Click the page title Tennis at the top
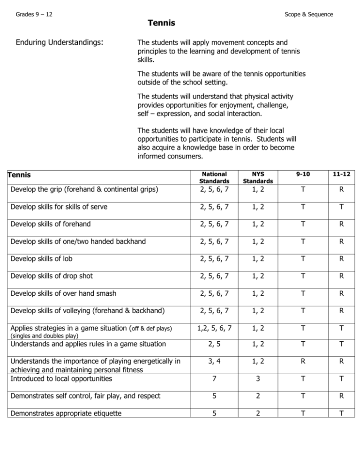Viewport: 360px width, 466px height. [161, 23]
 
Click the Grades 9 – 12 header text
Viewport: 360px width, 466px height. [34, 15]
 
